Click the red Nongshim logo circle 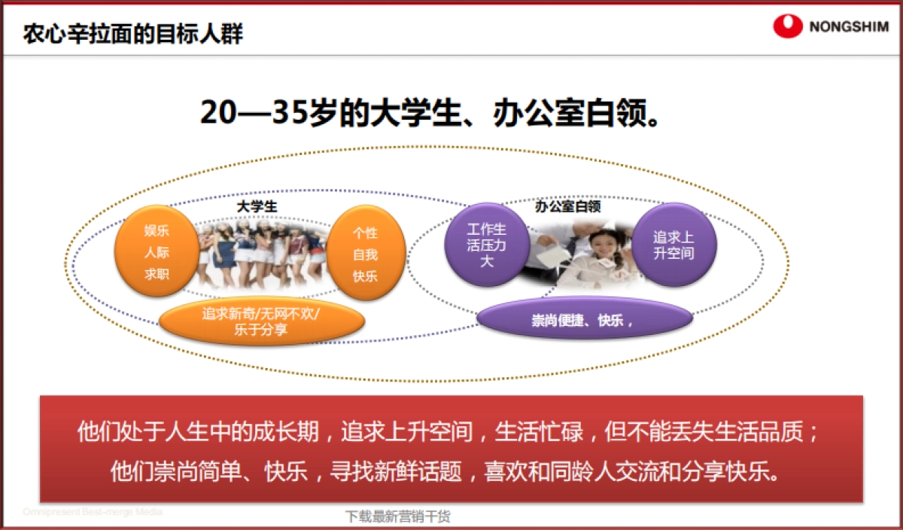[x=787, y=27]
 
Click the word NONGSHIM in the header [x=849, y=28]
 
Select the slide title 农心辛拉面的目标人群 [x=133, y=34]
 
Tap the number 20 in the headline [x=217, y=113]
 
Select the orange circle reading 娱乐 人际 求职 [x=157, y=252]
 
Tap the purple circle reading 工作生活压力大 [x=487, y=245]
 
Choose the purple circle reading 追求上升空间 [x=673, y=244]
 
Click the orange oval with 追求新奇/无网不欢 [x=260, y=321]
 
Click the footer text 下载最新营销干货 [x=398, y=516]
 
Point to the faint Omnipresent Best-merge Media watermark [x=92, y=511]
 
